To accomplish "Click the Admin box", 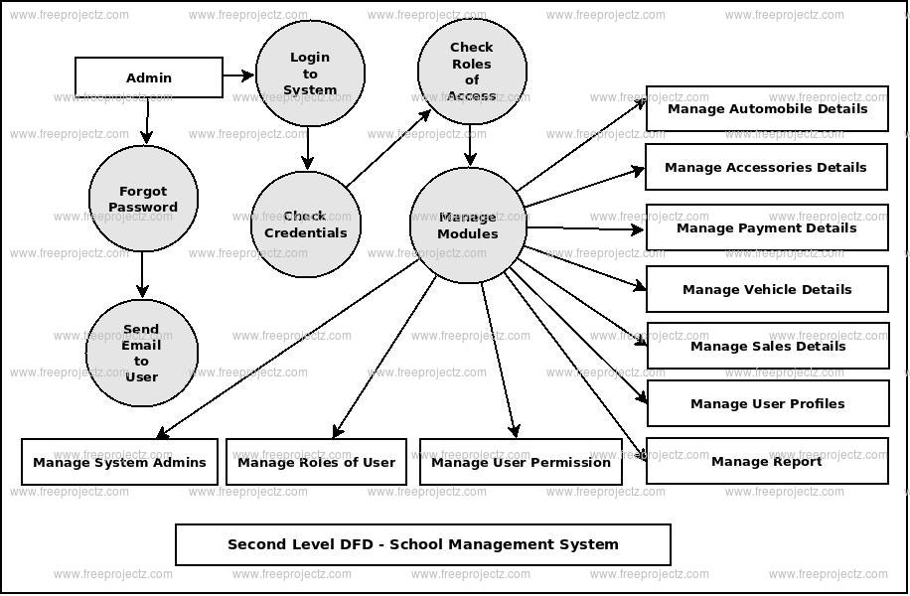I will coord(149,77).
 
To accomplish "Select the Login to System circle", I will coord(310,74).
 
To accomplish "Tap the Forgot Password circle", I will coord(143,199).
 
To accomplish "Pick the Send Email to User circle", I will coord(142,353).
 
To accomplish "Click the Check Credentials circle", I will coord(305,224).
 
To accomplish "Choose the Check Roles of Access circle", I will coord(472,71).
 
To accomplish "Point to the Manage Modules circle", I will coord(468,225).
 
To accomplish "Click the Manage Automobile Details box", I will coord(767,109).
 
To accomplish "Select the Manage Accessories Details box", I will coord(766,167).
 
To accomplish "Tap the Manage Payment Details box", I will coord(767,227).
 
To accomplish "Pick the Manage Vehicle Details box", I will coord(767,289).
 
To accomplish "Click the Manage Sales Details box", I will coord(767,346).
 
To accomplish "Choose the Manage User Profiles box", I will coord(767,403).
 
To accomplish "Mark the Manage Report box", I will coord(767,461).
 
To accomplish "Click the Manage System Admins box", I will coord(119,462).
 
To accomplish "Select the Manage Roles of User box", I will coord(316,462).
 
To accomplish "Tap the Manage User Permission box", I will coord(521,462).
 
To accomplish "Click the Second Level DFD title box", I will coord(423,544).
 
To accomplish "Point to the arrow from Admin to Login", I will coord(238,75).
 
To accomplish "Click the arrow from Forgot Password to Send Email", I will coord(142,274).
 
